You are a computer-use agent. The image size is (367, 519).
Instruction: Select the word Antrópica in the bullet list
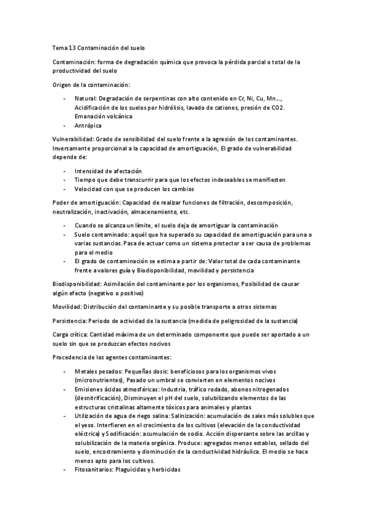[88, 125]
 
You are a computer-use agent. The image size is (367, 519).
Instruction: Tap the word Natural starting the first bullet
[85, 98]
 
